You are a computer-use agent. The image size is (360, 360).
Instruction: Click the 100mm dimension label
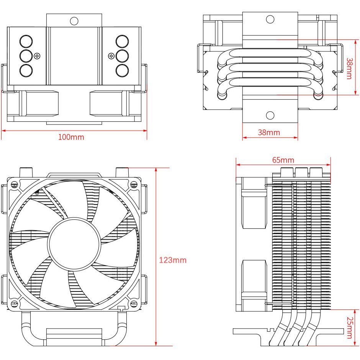click(x=71, y=137)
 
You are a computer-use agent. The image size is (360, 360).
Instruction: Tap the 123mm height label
click(x=173, y=260)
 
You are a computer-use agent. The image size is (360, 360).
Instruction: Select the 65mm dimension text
click(x=283, y=160)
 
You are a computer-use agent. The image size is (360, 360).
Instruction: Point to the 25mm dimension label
click(x=349, y=327)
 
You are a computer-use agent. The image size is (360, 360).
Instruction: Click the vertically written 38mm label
click(x=349, y=68)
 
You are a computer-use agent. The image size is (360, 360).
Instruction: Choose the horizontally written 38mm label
click(x=268, y=133)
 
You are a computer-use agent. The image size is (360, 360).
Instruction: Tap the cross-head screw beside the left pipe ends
click(x=37, y=56)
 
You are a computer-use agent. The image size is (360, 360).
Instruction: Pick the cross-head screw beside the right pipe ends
click(x=111, y=56)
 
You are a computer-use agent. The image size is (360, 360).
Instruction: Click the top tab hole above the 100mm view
click(x=74, y=20)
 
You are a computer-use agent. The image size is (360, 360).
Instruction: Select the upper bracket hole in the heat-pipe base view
click(x=270, y=19)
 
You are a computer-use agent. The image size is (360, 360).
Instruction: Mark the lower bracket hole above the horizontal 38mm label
click(x=270, y=115)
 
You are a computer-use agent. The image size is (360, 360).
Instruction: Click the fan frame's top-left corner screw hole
click(x=15, y=185)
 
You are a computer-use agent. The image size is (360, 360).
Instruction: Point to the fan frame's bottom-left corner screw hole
click(x=15, y=304)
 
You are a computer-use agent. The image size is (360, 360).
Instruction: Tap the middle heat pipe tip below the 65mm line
click(x=301, y=171)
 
